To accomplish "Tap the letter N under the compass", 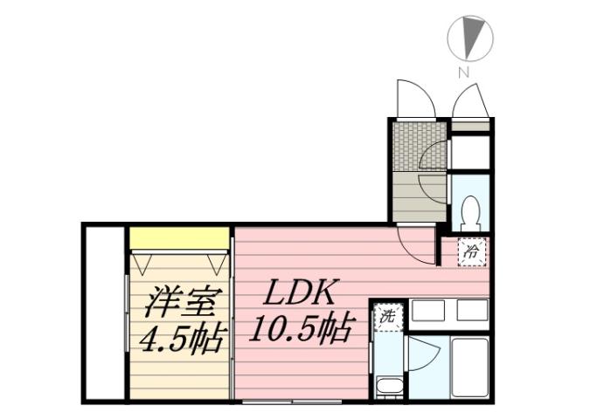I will point(464,72).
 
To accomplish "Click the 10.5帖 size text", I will point(302,330).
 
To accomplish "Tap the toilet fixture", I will point(469,210).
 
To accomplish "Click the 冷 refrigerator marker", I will point(472,251).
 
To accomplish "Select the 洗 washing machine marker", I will point(386,316).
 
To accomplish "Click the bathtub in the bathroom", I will point(469,367).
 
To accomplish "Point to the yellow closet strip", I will point(180,237).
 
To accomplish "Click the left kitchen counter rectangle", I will point(427,310).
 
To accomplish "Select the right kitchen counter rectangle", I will point(471,310).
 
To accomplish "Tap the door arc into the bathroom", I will point(423,354).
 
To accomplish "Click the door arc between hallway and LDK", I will point(416,245).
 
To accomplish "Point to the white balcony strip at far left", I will point(105,312).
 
